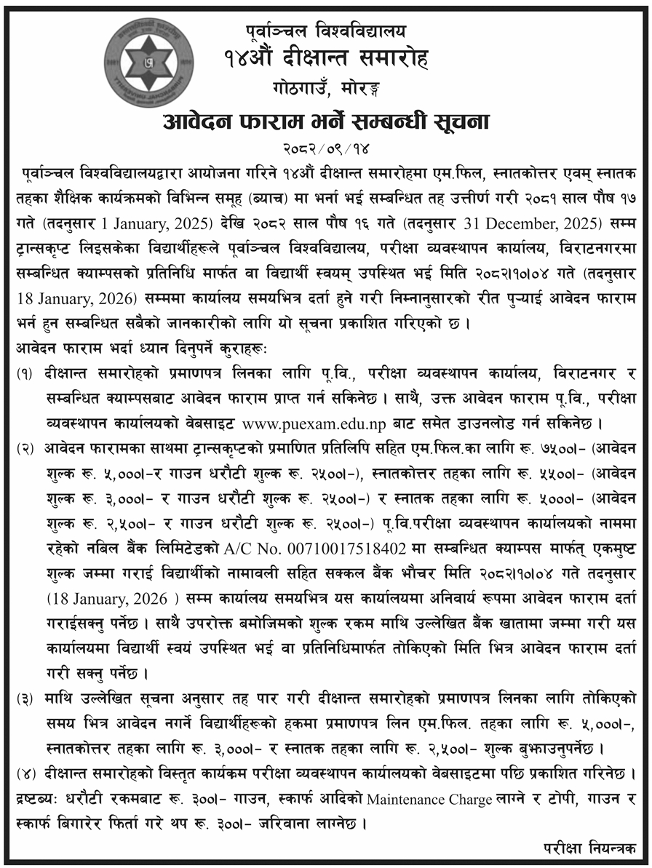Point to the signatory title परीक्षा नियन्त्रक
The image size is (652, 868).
pos(588,848)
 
